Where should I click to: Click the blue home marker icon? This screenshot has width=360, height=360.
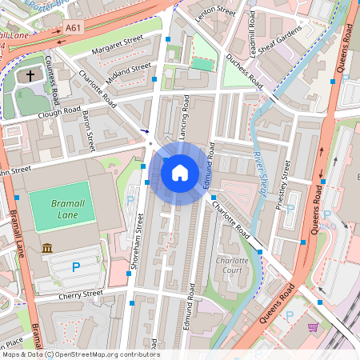pyautogui.click(x=180, y=171)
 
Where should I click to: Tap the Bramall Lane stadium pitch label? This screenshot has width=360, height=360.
pyautogui.click(x=62, y=210)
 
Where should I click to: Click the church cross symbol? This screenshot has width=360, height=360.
pyautogui.click(x=30, y=76)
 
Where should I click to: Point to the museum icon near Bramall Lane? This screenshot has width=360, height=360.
pyautogui.click(x=48, y=248)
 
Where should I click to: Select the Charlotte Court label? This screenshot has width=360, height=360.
pyautogui.click(x=231, y=266)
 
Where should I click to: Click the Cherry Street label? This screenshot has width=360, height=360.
pyautogui.click(x=81, y=295)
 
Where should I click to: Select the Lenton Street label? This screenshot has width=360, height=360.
pyautogui.click(x=218, y=11)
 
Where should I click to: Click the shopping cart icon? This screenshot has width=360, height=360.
pyautogui.click(x=313, y=326)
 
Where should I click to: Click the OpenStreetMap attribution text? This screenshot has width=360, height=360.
pyautogui.click(x=80, y=354)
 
